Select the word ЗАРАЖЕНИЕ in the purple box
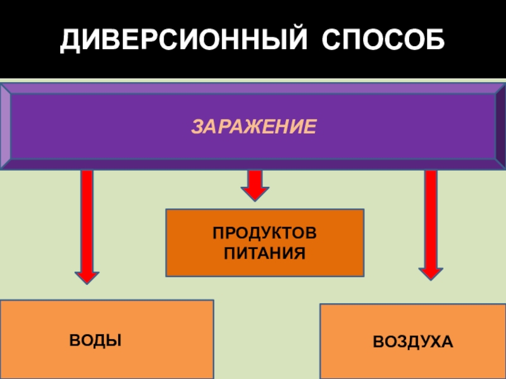click(x=253, y=127)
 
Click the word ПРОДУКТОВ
click(x=265, y=234)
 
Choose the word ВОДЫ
click(x=96, y=340)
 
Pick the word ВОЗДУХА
click(x=412, y=342)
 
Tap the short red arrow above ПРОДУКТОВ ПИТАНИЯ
click(x=254, y=184)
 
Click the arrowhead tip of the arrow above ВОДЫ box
click(x=87, y=279)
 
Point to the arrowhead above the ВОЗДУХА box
click(x=431, y=273)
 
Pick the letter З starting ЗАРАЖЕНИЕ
click(x=197, y=127)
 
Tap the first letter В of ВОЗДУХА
click(x=378, y=342)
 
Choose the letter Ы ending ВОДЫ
click(x=114, y=340)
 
